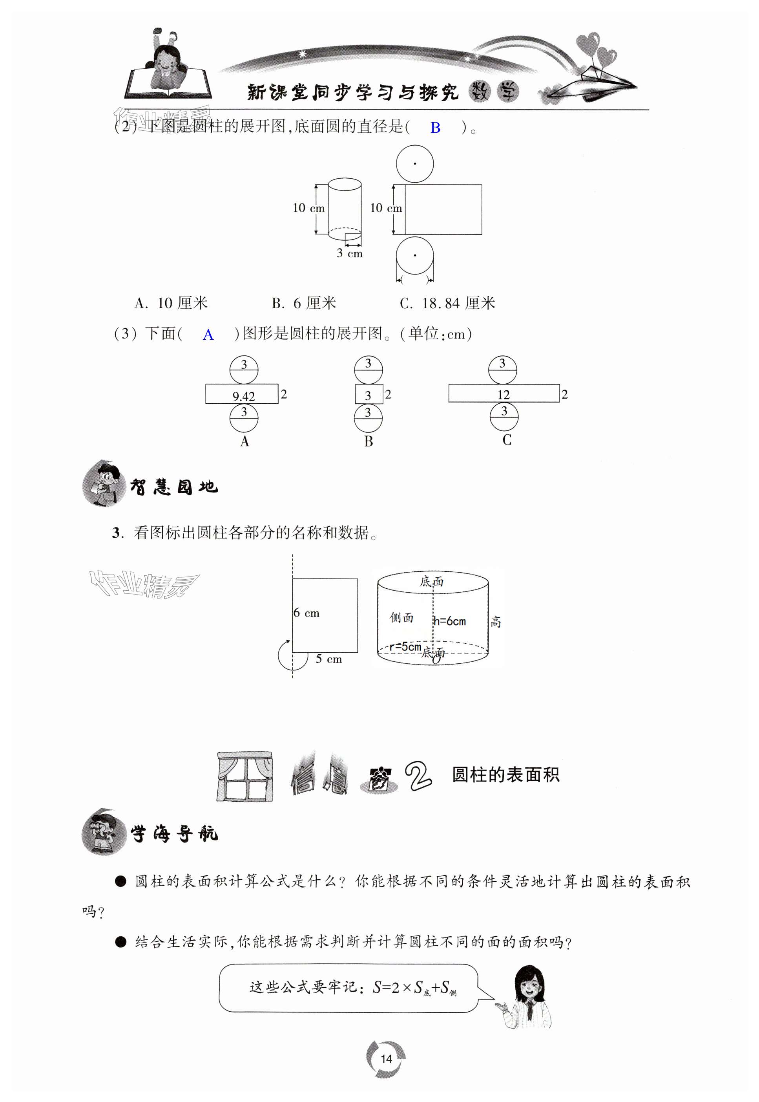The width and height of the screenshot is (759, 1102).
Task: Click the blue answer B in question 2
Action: click(435, 128)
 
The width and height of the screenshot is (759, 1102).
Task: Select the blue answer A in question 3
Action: click(208, 335)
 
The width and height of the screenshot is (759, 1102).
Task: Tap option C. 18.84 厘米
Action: click(447, 303)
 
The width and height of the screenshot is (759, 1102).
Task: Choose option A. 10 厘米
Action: click(171, 303)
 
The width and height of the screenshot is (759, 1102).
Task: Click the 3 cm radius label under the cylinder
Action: click(350, 253)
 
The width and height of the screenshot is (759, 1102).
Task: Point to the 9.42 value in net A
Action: click(243, 396)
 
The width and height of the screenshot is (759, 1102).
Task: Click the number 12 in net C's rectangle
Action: click(503, 394)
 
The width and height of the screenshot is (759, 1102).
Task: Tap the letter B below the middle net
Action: click(369, 441)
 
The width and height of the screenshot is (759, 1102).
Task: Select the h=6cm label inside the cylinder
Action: click(449, 621)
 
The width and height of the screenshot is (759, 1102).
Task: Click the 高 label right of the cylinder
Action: click(496, 621)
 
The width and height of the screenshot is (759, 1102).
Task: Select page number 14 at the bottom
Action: click(386, 1059)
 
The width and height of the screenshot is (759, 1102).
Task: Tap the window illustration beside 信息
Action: click(245, 776)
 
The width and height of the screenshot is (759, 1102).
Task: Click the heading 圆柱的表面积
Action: click(505, 774)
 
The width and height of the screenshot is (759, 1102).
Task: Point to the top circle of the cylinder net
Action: click(415, 164)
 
